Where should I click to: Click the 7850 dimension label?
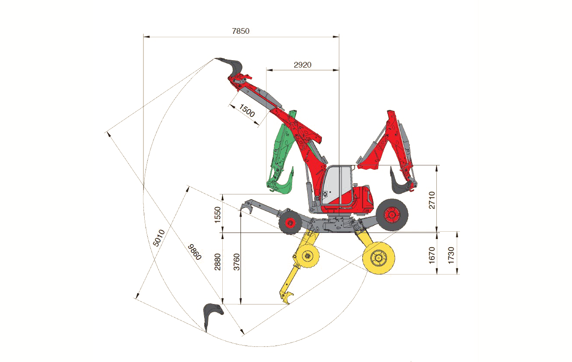pyautogui.click(x=240, y=31)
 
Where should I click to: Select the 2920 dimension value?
pyautogui.click(x=302, y=65)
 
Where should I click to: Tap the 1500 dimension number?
pyautogui.click(x=247, y=110)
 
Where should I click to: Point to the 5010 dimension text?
pyautogui.click(x=159, y=238)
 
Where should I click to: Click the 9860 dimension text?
pyautogui.click(x=195, y=252)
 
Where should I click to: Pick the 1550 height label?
pyautogui.click(x=217, y=215)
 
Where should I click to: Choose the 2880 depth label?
pyautogui.click(x=217, y=262)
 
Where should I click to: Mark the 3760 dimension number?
pyautogui.click(x=237, y=262)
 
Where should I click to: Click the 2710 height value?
pyautogui.click(x=432, y=200)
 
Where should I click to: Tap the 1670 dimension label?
pyautogui.click(x=432, y=255)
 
